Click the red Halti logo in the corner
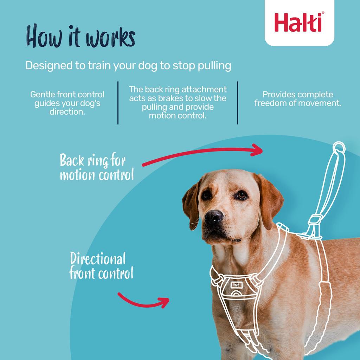point(299,22)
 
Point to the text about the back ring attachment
point(178,102)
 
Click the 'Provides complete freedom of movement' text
point(297,99)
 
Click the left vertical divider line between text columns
point(118,103)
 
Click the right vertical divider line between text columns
point(238,103)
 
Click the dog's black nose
point(214,217)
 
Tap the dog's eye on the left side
point(206,194)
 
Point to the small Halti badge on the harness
point(236,285)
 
